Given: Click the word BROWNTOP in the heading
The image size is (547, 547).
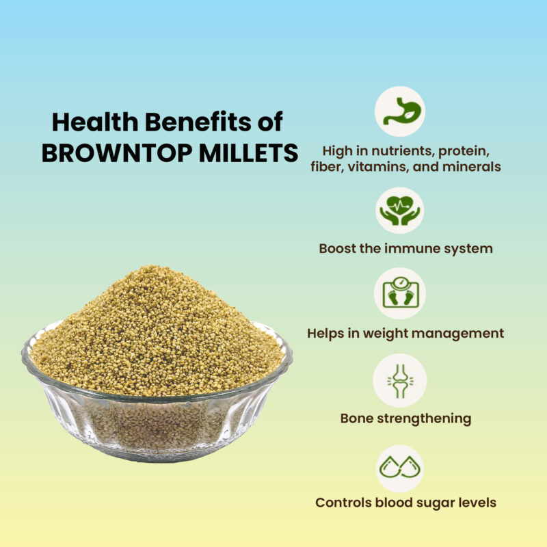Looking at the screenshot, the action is pos(117,152).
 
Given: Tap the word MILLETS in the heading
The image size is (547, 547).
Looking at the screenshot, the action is pos(249,152).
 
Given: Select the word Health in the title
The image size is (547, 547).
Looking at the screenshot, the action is pos(95,122).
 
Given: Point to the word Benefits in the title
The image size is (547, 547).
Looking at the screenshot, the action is pos(198,122).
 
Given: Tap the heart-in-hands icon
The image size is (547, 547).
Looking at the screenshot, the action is pos(400,211).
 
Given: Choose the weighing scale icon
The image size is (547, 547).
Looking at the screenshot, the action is pos(400,293).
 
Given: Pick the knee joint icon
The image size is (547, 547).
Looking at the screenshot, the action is pos(400,381).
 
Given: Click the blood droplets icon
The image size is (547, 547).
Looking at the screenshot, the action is pos(400,467).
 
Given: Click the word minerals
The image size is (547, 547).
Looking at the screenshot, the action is pos(472,167).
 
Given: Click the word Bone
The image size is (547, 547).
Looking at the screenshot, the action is pos(356,418).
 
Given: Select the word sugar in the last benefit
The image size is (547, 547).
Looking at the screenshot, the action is pos(433,503).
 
